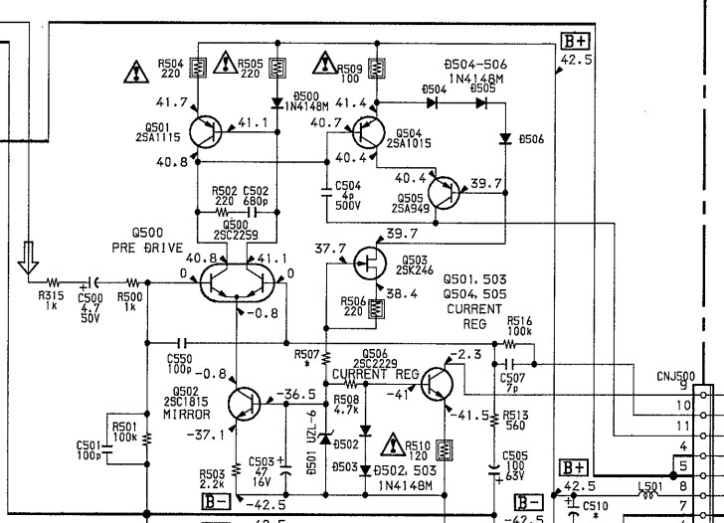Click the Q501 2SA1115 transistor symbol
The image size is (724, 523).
(x=208, y=130)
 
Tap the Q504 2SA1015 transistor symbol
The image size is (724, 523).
(x=367, y=130)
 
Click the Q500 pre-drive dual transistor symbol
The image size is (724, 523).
(x=235, y=282)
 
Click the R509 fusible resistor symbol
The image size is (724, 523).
(x=377, y=68)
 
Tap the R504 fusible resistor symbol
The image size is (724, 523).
(x=198, y=68)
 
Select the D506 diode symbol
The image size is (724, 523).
(x=505, y=138)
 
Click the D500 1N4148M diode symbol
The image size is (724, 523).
(x=277, y=100)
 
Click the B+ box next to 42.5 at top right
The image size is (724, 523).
(x=574, y=42)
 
